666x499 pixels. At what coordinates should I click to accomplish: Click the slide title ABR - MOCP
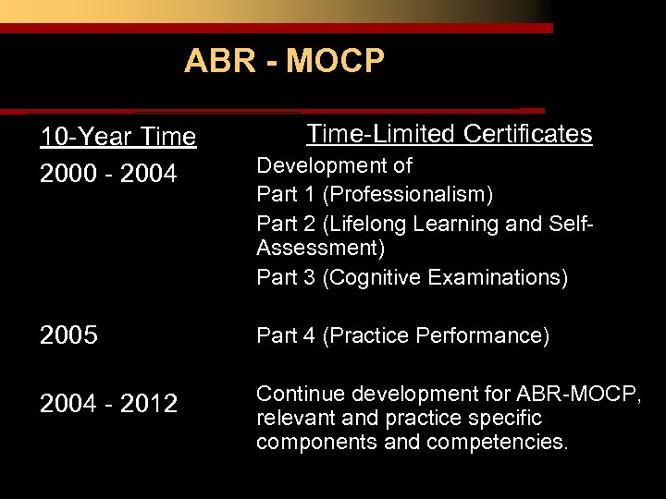click(284, 61)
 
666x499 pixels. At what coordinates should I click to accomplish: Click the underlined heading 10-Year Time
click(117, 138)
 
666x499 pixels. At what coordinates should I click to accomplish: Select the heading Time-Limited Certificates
click(449, 134)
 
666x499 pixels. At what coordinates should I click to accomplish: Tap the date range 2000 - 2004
click(108, 174)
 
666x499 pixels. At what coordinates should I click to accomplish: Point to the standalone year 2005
click(68, 335)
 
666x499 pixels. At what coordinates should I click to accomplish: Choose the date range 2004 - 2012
click(108, 404)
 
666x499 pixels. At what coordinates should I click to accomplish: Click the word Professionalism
click(407, 195)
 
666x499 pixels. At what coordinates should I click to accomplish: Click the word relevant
click(290, 418)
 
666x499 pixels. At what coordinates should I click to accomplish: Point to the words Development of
click(334, 166)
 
